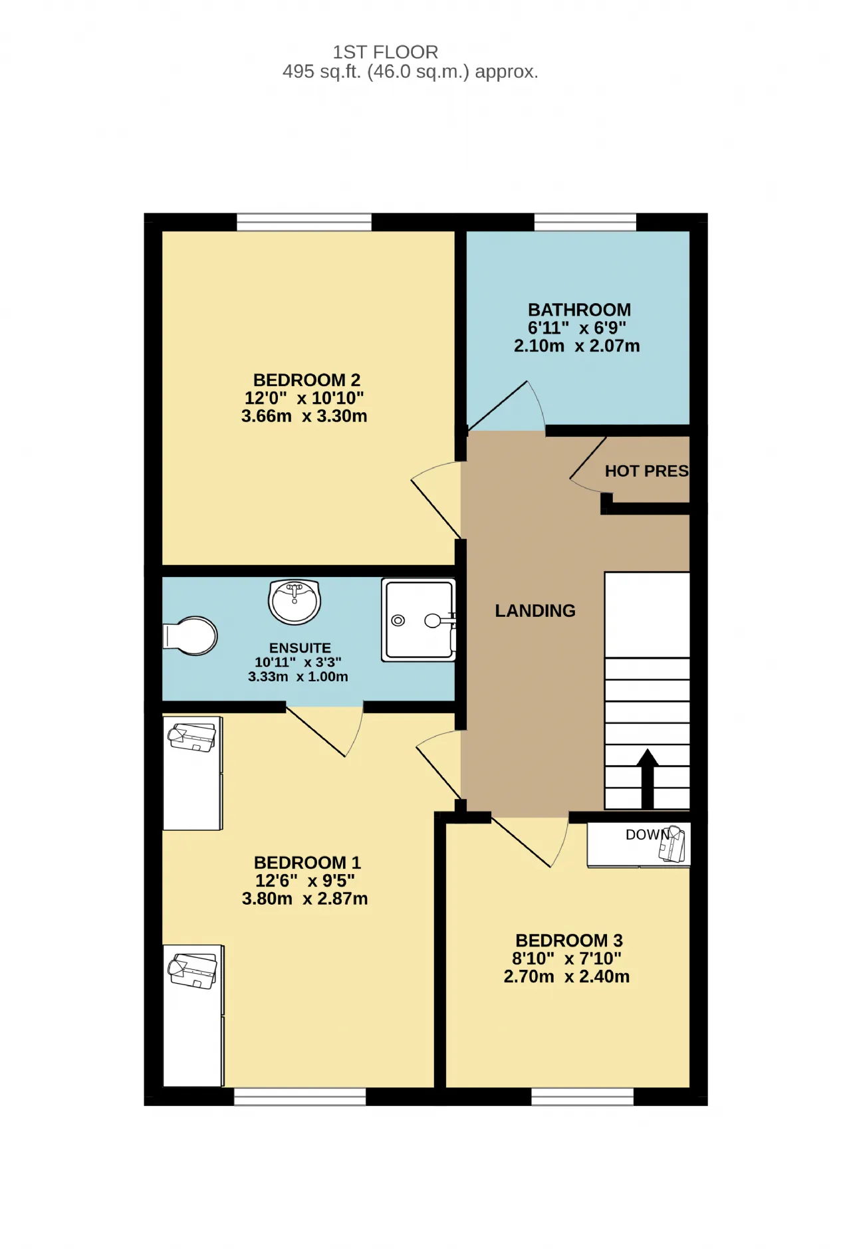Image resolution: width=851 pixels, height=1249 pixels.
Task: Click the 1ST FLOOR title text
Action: tap(386, 52)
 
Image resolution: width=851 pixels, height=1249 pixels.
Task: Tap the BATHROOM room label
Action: tap(579, 310)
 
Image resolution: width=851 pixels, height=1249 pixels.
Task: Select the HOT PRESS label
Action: tap(646, 471)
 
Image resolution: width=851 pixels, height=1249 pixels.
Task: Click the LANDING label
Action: tap(535, 611)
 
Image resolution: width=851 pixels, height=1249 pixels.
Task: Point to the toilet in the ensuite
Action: tap(191, 636)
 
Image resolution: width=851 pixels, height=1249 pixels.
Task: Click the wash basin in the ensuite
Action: tap(295, 602)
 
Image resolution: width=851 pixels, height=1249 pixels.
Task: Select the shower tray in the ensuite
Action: tap(419, 620)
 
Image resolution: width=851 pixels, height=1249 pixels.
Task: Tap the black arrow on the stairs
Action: tap(648, 778)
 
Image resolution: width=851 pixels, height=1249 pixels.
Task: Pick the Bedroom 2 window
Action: tap(304, 222)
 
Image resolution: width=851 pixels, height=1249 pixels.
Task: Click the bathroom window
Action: tap(585, 222)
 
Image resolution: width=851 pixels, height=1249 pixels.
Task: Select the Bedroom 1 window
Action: tap(300, 1097)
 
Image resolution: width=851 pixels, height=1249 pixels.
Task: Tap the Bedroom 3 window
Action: tap(582, 1097)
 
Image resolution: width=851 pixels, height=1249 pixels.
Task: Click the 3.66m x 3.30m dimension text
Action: tap(304, 416)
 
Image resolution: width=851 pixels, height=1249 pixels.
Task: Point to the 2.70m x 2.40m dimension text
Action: tap(566, 976)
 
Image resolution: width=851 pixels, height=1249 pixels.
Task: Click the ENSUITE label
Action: tap(300, 648)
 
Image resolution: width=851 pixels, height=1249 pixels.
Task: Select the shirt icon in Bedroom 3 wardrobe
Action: tap(672, 844)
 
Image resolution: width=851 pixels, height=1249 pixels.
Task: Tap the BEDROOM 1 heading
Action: tap(307, 863)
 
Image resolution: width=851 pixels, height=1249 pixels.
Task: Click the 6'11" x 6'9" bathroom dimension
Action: tap(577, 328)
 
